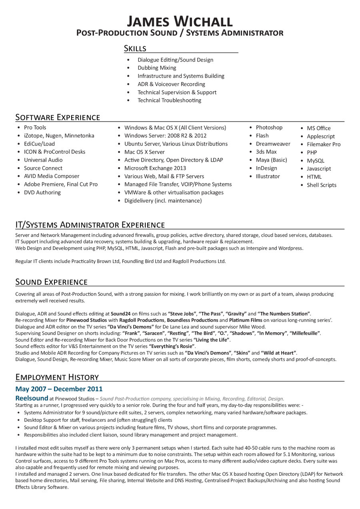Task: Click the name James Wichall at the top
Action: click(180, 21)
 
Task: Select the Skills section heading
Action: click(135, 48)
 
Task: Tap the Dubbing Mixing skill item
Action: click(157, 68)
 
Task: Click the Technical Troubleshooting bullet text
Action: click(169, 100)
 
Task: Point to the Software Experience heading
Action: click(58, 117)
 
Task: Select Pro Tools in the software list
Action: click(35, 128)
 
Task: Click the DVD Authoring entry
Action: click(42, 192)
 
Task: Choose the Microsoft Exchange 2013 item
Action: click(155, 168)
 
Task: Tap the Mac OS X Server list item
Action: click(144, 152)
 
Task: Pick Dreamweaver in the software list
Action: click(273, 144)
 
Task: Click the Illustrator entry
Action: click(268, 176)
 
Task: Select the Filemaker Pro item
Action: click(324, 144)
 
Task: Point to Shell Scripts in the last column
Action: click(322, 185)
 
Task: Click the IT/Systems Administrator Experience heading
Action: click(90, 224)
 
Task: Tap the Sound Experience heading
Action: click(51, 282)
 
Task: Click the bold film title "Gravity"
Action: click(236, 314)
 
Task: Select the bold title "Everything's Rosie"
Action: click(172, 346)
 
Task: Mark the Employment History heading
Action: click(57, 377)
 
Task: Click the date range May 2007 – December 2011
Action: click(59, 389)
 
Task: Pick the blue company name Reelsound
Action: click(32, 398)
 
